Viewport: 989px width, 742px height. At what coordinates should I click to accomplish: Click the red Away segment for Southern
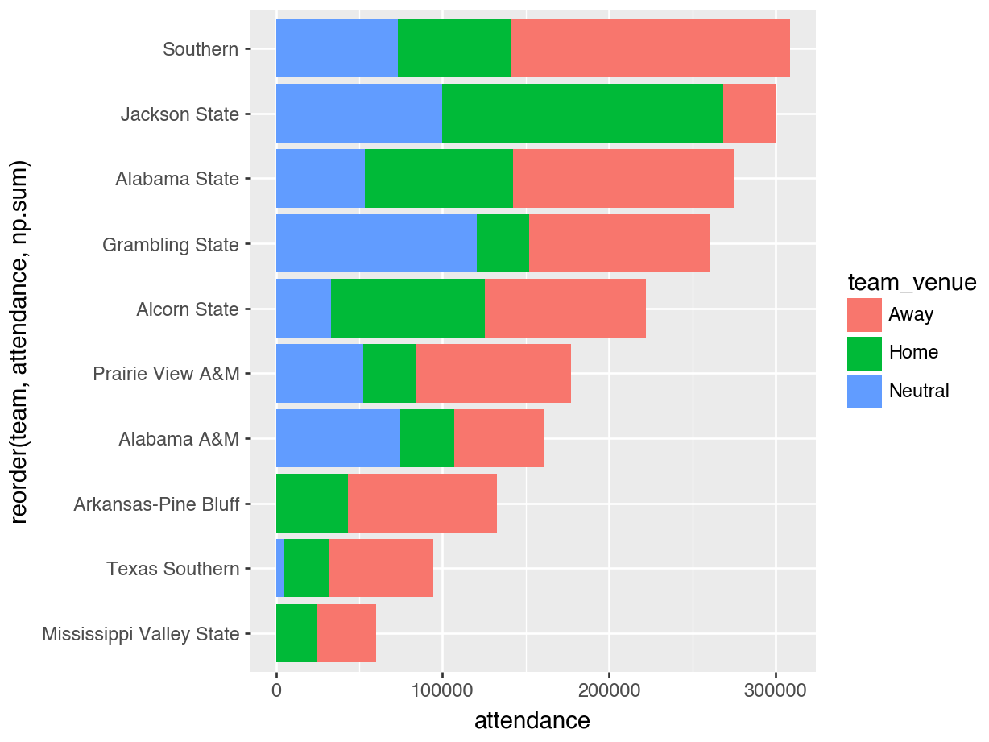650,48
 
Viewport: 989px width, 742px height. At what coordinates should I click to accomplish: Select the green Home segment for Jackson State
582,114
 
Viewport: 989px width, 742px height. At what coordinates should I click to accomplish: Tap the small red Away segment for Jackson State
749,114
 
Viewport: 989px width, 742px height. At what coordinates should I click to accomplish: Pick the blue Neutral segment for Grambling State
376,243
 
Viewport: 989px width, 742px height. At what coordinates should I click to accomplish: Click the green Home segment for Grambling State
503,243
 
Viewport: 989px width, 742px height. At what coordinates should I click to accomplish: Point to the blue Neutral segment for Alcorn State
304,309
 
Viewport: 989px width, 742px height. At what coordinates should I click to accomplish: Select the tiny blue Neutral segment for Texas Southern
280,568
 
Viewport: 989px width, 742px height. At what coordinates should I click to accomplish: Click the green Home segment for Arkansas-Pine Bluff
312,504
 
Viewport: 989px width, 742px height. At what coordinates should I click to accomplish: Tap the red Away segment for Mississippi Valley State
346,633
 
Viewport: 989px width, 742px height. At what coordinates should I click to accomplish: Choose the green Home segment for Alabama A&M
427,438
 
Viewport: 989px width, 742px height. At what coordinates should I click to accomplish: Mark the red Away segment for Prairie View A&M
493,373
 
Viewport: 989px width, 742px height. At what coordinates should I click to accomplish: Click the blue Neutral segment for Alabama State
321,179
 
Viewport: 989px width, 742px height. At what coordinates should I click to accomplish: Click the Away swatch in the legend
864,314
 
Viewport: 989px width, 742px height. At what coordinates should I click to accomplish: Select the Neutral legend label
919,392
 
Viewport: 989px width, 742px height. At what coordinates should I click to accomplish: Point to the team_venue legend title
911,282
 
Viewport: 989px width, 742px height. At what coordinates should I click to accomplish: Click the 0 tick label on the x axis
276,691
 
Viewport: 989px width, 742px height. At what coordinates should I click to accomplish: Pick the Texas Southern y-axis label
172,569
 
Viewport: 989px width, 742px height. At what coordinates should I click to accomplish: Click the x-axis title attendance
532,720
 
